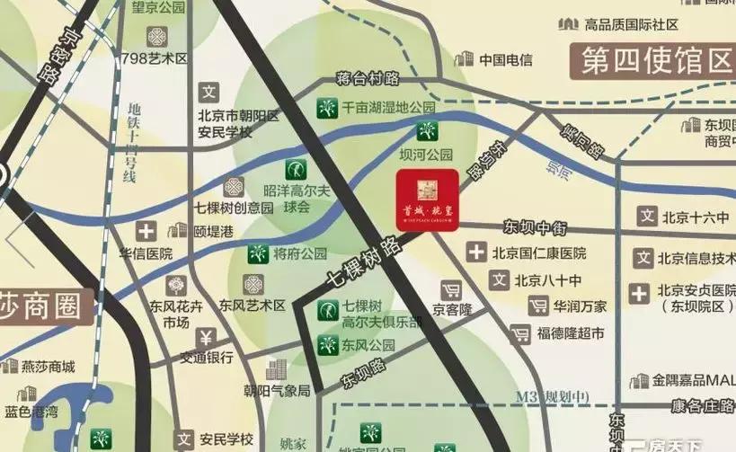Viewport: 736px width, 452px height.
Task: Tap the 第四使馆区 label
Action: [657, 61]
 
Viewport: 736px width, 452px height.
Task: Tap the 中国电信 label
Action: [505, 60]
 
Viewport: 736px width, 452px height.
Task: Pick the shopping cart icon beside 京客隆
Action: [450, 289]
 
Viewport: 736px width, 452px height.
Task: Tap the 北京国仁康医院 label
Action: [537, 253]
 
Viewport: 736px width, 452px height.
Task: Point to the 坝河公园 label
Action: [426, 154]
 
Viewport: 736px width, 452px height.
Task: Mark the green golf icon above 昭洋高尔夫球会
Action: [294, 168]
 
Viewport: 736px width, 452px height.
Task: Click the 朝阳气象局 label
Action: [279, 391]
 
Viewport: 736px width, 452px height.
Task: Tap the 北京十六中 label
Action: [694, 216]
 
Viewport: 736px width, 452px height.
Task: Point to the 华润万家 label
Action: [580, 306]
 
